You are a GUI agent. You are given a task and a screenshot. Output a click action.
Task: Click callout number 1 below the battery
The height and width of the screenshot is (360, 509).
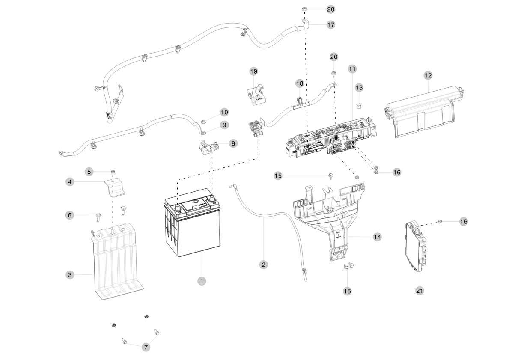(202, 281)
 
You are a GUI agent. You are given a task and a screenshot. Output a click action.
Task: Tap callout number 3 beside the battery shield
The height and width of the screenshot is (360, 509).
(70, 274)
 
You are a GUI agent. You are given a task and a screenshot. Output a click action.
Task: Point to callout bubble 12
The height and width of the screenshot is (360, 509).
(428, 75)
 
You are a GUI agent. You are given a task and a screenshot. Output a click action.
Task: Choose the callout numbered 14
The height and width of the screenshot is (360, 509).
(377, 236)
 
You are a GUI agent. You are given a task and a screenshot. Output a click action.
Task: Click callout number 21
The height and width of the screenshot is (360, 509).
(420, 290)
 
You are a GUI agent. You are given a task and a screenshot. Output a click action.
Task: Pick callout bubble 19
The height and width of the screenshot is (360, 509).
(254, 71)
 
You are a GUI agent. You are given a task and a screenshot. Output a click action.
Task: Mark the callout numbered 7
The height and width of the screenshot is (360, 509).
(146, 347)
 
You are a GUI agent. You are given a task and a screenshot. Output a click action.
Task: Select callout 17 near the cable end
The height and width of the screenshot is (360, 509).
(330, 25)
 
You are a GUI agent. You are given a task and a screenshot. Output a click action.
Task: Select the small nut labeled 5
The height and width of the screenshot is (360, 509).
(113, 172)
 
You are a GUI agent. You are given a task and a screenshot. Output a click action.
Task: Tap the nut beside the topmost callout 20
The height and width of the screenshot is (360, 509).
(304, 9)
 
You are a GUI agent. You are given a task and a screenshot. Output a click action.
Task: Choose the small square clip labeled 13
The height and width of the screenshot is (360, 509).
(359, 104)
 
